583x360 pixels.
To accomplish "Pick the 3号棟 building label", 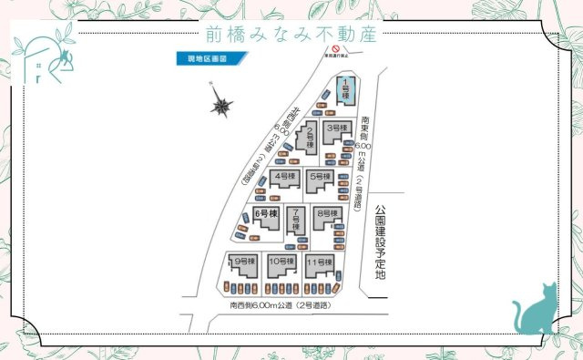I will point(338,129).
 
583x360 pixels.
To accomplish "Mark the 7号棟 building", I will point(296,219).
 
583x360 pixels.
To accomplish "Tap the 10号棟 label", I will point(281,262).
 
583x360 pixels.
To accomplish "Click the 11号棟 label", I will point(319,262).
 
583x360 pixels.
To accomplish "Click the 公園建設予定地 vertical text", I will point(381,242).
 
